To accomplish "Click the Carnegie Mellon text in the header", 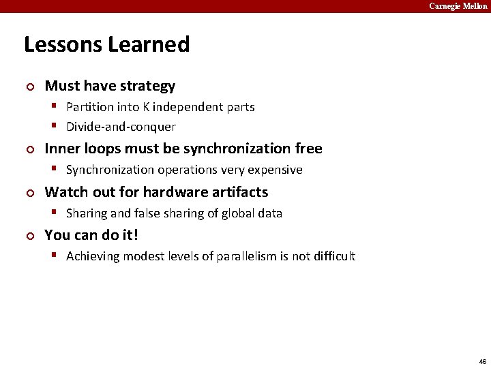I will coord(458,6).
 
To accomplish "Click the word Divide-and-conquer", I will coord(121,127).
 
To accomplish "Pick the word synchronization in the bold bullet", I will coord(231,149).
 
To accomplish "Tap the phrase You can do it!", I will coord(91,235).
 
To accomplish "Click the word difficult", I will coord(332,256).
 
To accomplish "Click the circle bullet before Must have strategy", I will coord(29,87).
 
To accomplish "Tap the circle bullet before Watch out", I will coord(29,193).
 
